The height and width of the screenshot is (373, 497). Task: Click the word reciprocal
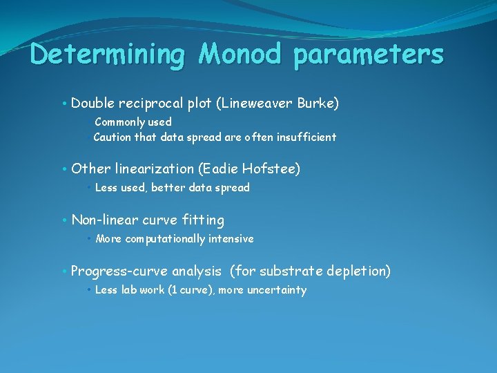(150, 104)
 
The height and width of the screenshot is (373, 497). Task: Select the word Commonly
(119, 122)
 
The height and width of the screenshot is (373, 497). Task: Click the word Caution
(113, 137)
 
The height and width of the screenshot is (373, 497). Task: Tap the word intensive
(231, 239)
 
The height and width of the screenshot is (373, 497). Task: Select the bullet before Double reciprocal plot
(64, 104)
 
